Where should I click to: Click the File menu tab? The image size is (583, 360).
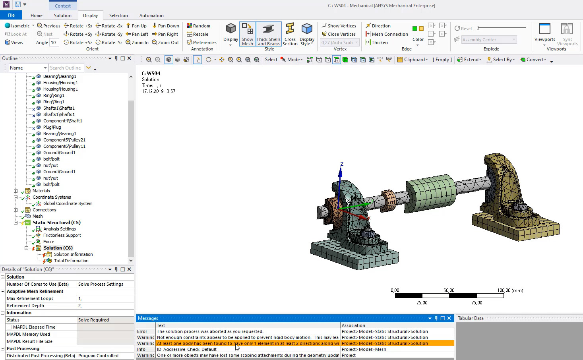coord(11,15)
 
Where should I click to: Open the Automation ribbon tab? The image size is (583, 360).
coord(151,15)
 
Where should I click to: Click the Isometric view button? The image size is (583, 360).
coord(17,26)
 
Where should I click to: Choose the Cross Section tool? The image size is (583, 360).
coord(290,34)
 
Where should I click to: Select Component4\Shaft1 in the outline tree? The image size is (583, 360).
coord(62,121)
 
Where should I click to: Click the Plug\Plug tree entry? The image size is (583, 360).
coord(52,127)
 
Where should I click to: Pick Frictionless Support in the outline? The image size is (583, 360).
coord(62,235)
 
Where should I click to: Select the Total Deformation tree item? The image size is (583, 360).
coord(71,261)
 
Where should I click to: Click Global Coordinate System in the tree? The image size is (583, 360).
coord(68,203)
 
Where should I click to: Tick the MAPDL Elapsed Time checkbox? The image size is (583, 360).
coord(9,327)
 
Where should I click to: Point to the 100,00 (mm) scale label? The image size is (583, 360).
coord(510,290)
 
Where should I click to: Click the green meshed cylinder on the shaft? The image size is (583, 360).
coord(430,189)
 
